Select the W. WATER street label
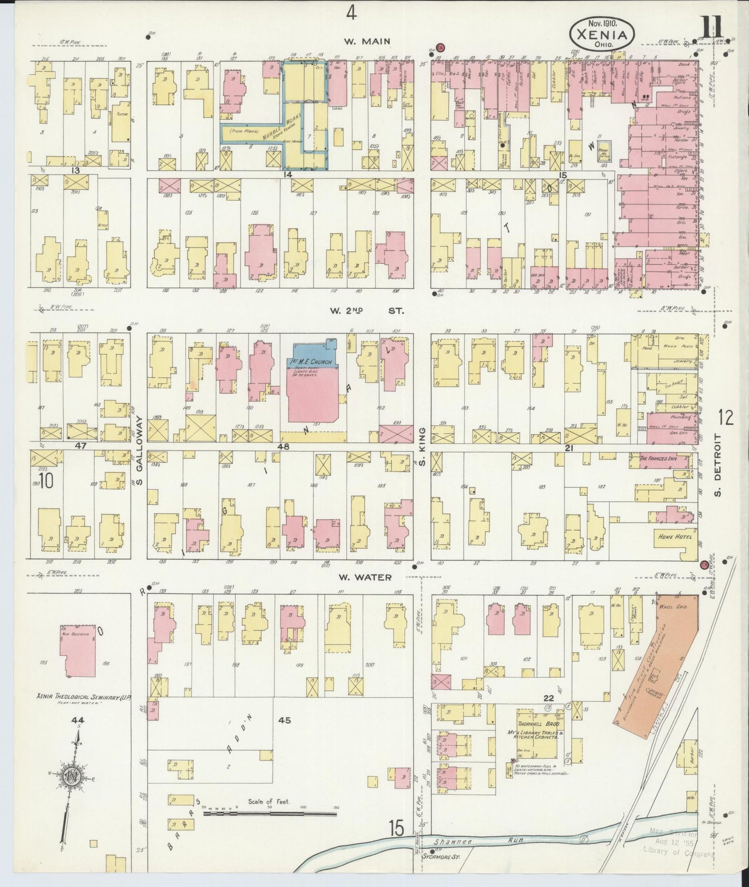coord(365,577)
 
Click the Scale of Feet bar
coord(270,813)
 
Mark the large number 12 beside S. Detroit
coord(726,417)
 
